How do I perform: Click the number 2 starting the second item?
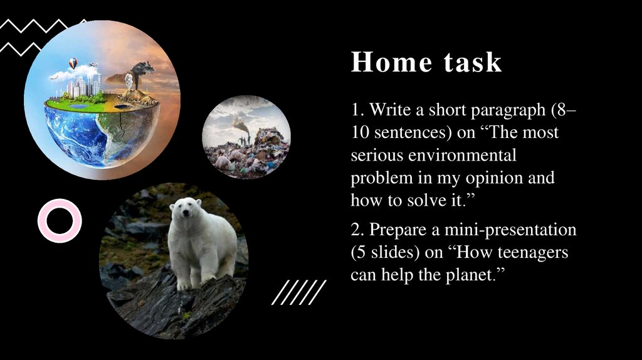tap(355, 230)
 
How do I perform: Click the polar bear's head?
tap(185, 209)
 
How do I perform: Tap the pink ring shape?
tap(60, 220)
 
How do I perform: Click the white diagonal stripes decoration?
tap(299, 292)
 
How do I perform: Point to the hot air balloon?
tap(73, 63)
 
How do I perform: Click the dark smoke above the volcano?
tap(142, 68)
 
